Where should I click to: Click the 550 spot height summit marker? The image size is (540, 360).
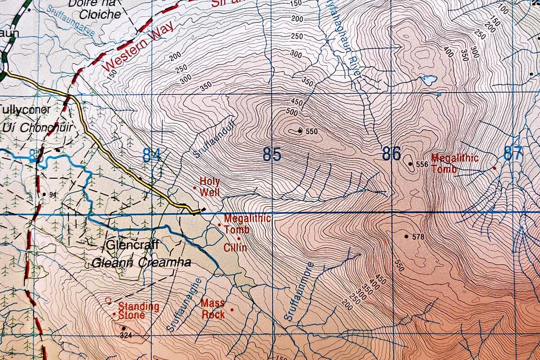coord(300,131)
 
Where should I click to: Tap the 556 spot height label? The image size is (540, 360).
coord(422,165)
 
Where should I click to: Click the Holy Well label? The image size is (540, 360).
coord(210,187)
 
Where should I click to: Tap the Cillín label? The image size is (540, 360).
coord(235,247)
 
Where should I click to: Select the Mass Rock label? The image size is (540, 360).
coord(213,309)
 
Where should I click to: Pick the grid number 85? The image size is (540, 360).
coord(272,155)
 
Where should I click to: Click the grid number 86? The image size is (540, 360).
coord(391,154)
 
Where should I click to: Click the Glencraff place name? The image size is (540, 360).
coord(133,246)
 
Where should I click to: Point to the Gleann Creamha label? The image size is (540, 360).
coord(141,263)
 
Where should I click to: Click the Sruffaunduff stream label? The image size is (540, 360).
coord(209,142)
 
